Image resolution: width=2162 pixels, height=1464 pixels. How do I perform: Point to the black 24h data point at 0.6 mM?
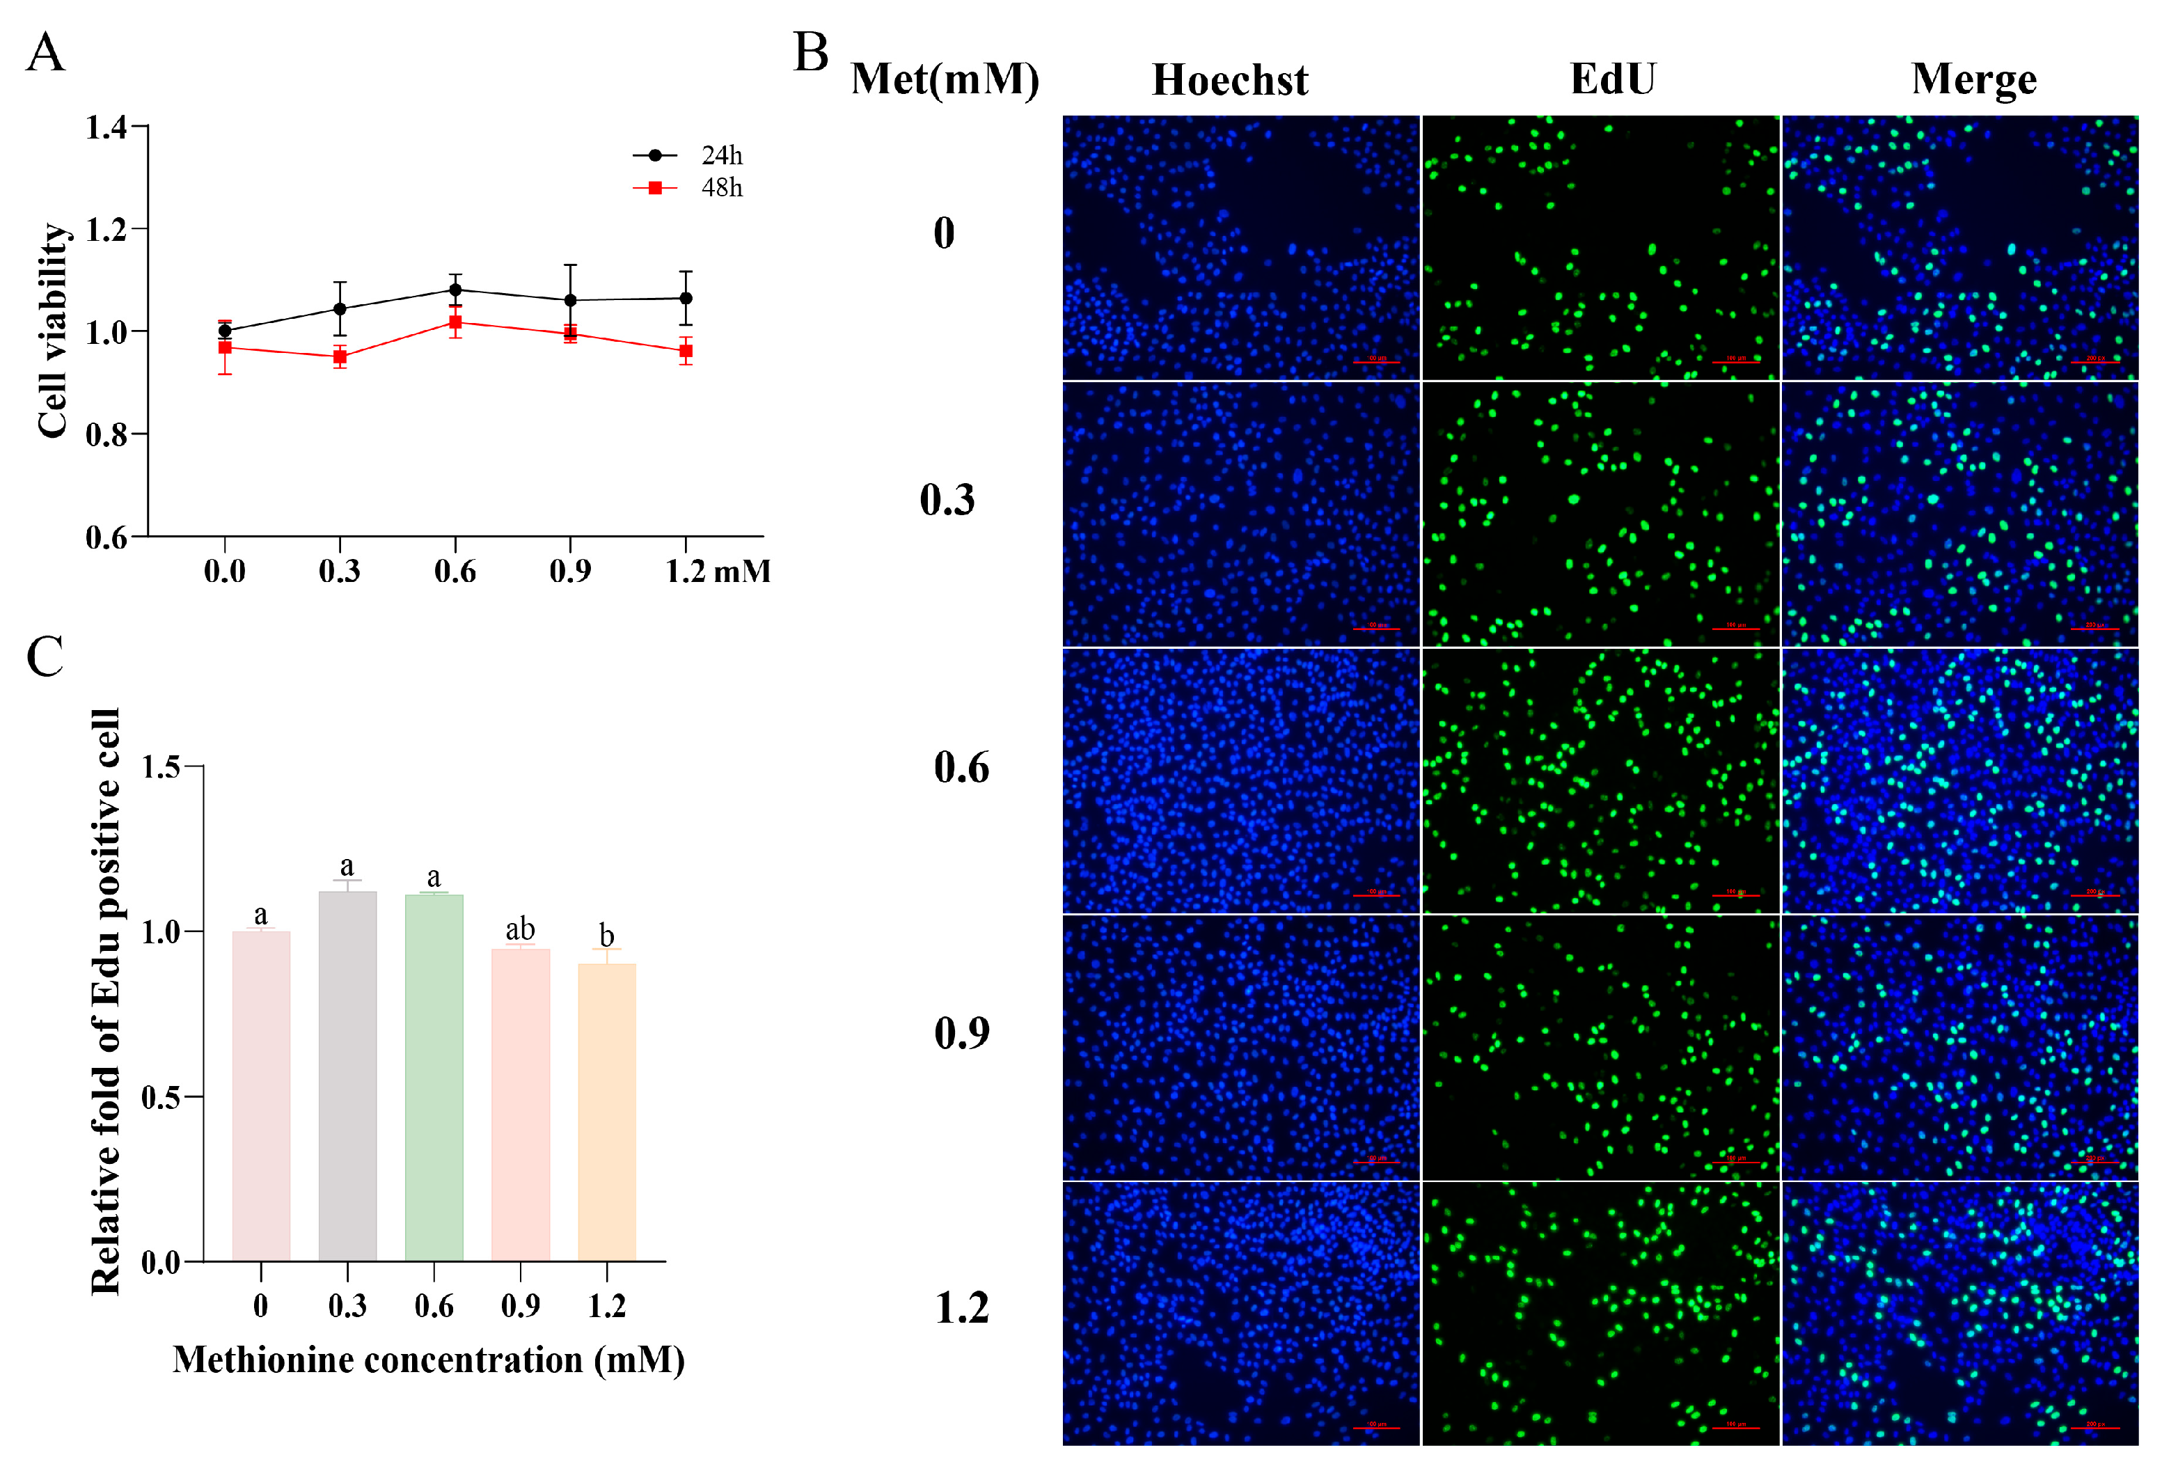click(x=455, y=290)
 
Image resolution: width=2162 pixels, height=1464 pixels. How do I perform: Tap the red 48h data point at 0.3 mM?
click(x=340, y=356)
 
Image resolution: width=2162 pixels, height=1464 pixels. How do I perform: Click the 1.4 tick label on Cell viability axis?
click(x=106, y=127)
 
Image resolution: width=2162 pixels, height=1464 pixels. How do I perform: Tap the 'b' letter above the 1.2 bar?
click(x=606, y=935)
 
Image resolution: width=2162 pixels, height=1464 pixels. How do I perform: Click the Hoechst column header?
click(x=1230, y=80)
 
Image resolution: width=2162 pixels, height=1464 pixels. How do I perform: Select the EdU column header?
click(x=1613, y=79)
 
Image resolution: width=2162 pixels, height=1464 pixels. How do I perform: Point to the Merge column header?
click(x=1974, y=80)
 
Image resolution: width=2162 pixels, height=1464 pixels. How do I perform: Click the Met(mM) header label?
click(x=945, y=79)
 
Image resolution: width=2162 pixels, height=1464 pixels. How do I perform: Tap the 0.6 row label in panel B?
click(x=961, y=767)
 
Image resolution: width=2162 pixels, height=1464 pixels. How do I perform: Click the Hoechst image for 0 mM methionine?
click(x=1241, y=246)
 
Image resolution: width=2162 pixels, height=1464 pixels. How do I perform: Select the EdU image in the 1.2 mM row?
click(x=1600, y=1312)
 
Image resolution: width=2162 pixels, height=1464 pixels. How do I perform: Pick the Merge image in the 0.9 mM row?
click(x=1960, y=1047)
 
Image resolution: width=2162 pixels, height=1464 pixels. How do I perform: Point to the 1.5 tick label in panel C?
click(x=160, y=766)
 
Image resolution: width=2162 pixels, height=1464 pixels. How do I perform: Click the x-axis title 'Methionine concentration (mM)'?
click(x=429, y=1360)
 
